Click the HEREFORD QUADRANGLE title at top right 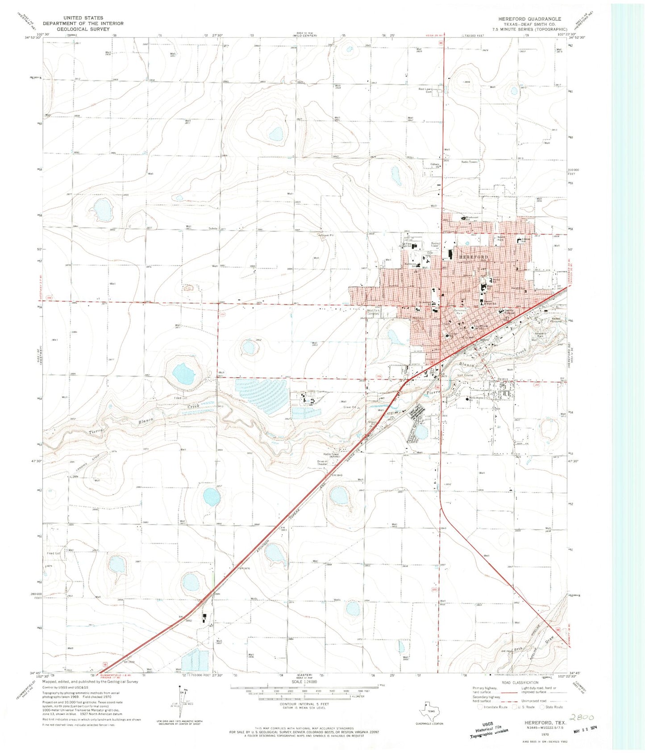pyautogui.click(x=530, y=19)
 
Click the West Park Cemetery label pyautogui.click(x=373, y=312)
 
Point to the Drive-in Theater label pyautogui.click(x=323, y=462)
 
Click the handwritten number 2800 pyautogui.click(x=582, y=718)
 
